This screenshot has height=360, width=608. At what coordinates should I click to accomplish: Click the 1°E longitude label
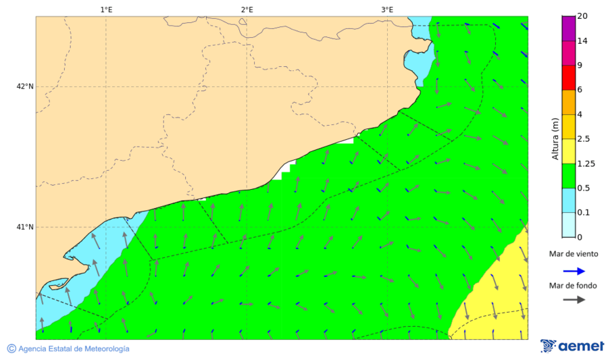click(106, 9)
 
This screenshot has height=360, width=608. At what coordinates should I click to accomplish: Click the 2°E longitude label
click(247, 9)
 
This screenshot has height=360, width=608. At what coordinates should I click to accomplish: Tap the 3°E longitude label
click(387, 9)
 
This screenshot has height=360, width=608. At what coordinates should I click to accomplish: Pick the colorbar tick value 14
click(583, 41)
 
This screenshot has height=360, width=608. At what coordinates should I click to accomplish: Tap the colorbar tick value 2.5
click(585, 139)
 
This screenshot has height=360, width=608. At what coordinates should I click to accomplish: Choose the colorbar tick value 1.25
click(587, 163)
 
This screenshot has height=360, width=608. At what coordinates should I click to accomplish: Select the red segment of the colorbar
click(568, 78)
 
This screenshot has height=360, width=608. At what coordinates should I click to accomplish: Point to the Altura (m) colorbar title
click(555, 138)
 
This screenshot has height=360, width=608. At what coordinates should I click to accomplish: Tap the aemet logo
click(572, 346)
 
